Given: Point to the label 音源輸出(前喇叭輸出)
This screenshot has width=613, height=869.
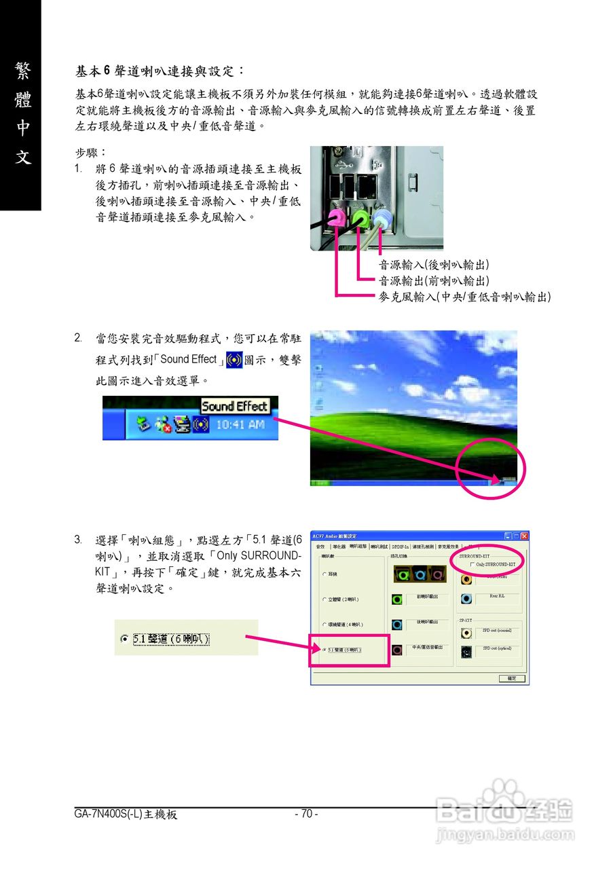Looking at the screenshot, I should pos(434,280).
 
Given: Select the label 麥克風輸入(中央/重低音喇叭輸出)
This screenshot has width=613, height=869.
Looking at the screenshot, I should pos(464,297).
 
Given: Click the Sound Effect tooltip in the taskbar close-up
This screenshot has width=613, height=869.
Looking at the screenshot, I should pos(235,407).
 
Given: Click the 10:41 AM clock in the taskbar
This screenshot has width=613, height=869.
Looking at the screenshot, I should pos(240,425).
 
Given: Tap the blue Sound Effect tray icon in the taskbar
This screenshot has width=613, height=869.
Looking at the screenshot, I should pos(200,425).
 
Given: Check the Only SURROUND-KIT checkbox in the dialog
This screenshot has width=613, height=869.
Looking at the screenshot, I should pos(472,564).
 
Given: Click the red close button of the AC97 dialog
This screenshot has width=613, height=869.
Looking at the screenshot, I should pos(523,536).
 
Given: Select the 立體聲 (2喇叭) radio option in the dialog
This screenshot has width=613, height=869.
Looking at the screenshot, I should pos(325,599).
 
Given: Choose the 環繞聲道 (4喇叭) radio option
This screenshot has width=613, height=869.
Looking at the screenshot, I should pos(325,625).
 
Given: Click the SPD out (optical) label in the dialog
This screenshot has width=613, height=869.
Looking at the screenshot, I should pos(497,648).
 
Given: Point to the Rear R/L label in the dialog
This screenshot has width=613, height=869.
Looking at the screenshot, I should pos(497,597).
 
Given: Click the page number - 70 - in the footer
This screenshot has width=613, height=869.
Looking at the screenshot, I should pos(306,814).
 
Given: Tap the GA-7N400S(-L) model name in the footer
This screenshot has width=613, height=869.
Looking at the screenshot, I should pos(126,814).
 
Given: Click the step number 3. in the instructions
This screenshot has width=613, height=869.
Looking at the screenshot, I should pos(79,540).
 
